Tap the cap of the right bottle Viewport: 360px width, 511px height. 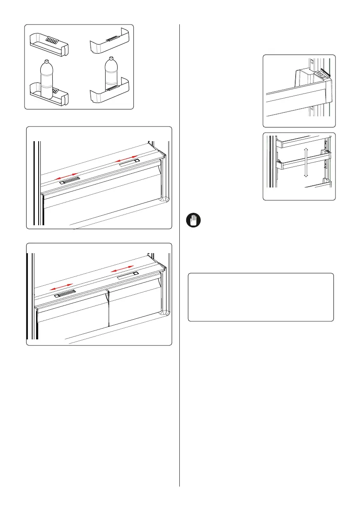[x=111, y=58]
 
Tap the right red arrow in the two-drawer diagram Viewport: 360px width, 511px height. [x=123, y=269]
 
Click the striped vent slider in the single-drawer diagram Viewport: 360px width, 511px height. [x=70, y=180]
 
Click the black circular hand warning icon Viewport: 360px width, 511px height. [x=192, y=221]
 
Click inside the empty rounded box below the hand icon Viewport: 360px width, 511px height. [x=260, y=297]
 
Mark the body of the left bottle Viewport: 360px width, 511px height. [x=46, y=82]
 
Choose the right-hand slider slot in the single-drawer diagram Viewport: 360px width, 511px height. [x=128, y=162]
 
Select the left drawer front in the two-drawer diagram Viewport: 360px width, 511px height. [x=72, y=311]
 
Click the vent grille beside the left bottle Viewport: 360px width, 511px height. [x=55, y=91]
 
